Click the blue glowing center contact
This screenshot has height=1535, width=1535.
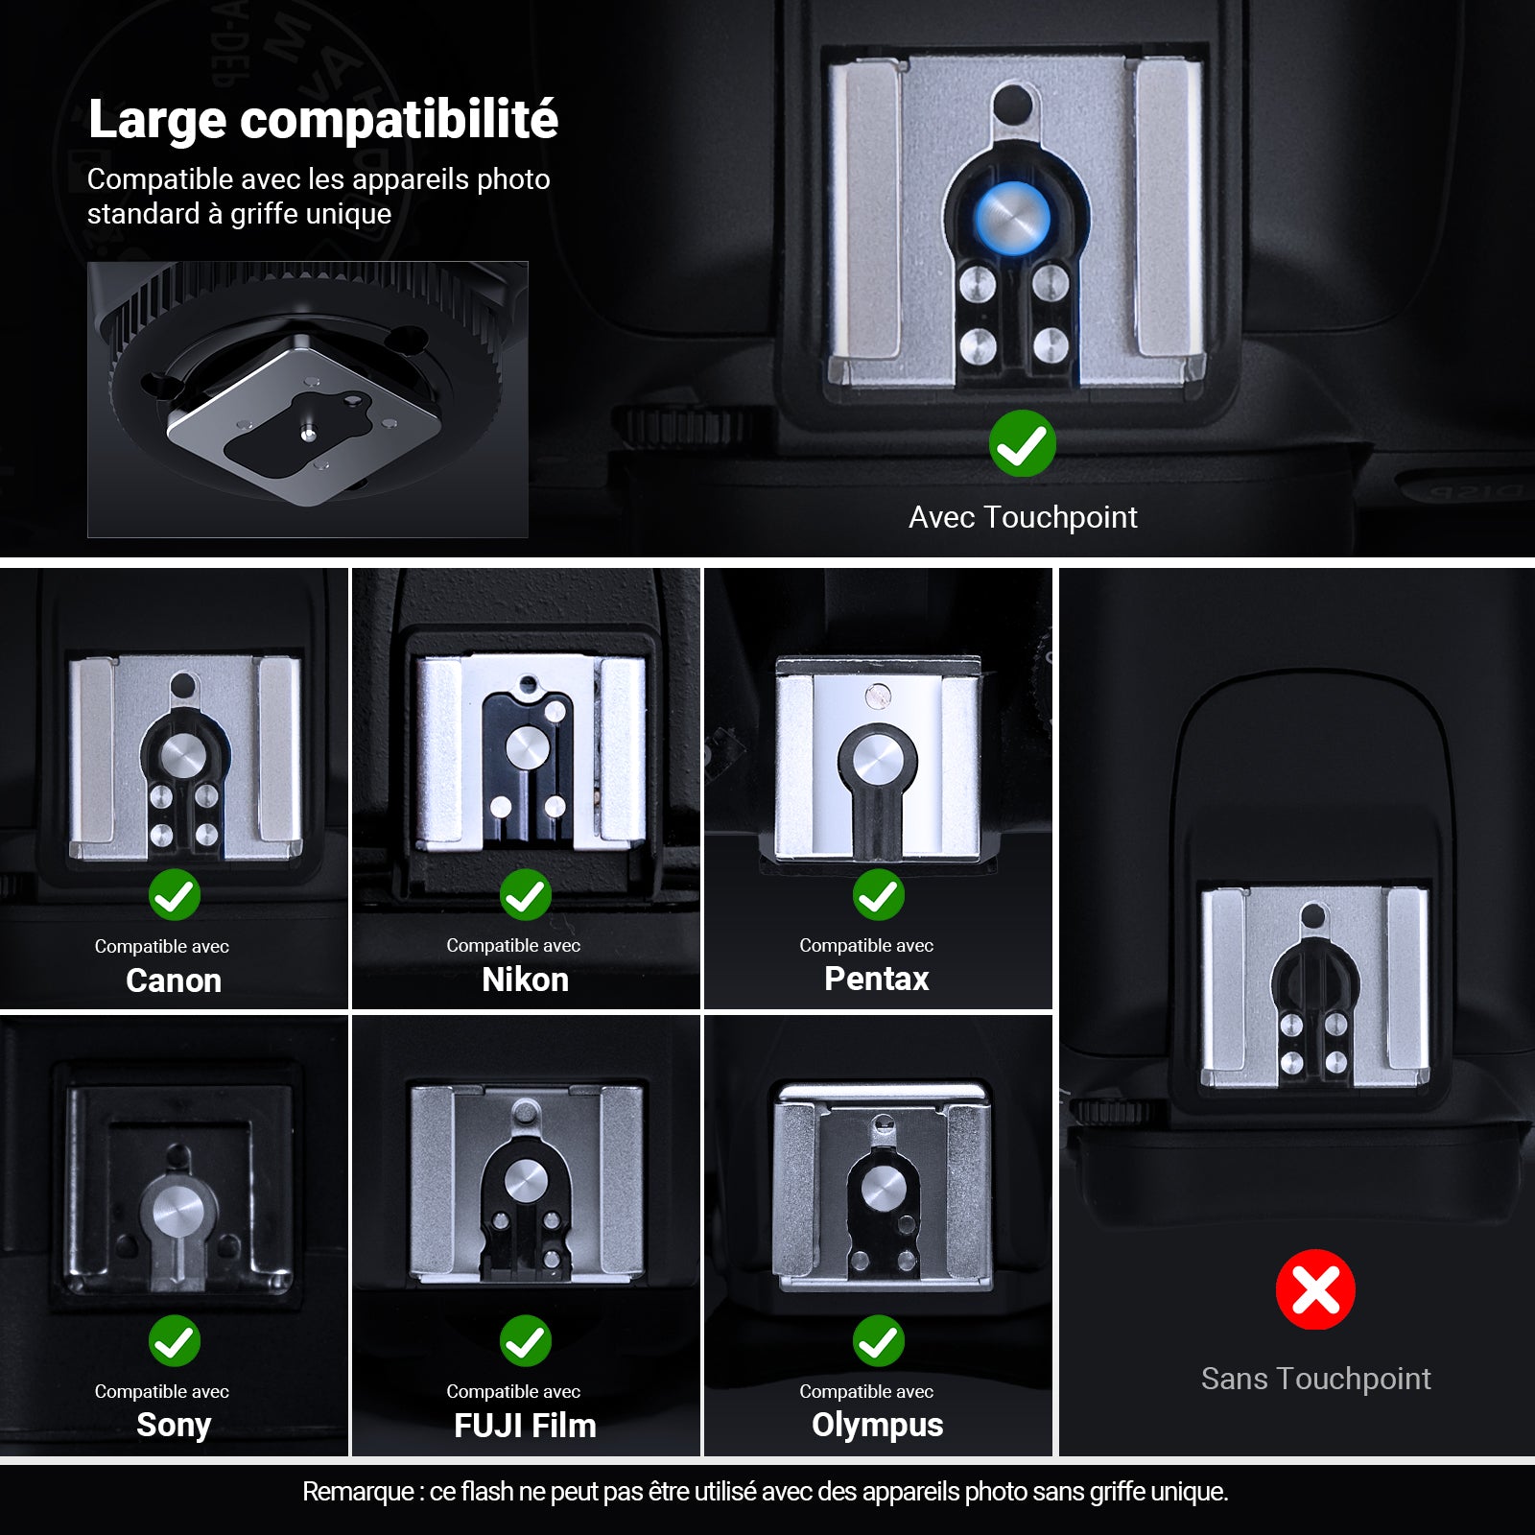(1013, 219)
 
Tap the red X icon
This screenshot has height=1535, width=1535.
(1315, 1289)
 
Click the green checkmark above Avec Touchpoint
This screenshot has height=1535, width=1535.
(1023, 443)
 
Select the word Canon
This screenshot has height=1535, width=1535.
(174, 980)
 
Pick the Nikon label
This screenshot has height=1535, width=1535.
(525, 980)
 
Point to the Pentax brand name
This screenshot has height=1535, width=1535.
(877, 979)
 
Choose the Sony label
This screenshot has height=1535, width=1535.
(174, 1426)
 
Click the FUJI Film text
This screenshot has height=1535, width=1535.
(525, 1426)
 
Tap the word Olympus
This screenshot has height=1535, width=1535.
(878, 1426)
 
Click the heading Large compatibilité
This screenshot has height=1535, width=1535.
(322, 119)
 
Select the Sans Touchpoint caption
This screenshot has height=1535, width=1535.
(1316, 1379)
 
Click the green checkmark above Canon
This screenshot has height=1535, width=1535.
(175, 895)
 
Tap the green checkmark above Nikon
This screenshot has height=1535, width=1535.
(526, 895)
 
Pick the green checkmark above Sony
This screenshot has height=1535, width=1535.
(175, 1340)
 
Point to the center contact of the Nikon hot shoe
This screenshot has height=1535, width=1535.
(526, 747)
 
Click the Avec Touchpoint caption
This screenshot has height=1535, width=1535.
(1023, 517)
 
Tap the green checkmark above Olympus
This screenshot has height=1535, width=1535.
(879, 1340)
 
